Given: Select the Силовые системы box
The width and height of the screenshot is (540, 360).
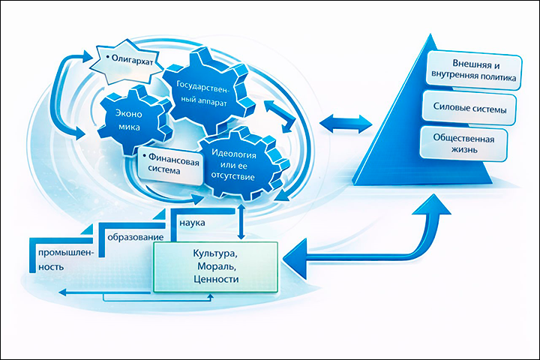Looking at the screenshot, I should pyautogui.click(x=470, y=109).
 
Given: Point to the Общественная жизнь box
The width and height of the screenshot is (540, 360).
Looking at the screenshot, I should pyautogui.click(x=467, y=145).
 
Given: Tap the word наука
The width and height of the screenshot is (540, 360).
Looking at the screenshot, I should pyautogui.click(x=192, y=223).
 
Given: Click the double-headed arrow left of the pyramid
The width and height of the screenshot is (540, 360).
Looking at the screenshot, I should pyautogui.click(x=346, y=121).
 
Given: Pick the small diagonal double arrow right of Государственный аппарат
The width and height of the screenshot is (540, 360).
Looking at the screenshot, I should pyautogui.click(x=277, y=118).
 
